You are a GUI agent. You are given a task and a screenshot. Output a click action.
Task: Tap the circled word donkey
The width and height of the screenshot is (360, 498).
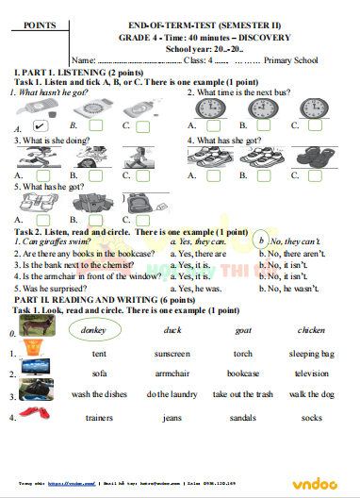(x=94, y=331)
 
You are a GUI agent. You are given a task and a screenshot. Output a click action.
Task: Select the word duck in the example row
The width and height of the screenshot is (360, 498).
(x=172, y=331)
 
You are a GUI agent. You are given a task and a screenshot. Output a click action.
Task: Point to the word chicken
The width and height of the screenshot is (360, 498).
(x=310, y=331)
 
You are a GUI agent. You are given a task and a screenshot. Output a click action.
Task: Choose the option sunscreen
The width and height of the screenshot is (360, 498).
(x=172, y=354)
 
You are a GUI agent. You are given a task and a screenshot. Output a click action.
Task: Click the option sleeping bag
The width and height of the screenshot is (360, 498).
(x=311, y=354)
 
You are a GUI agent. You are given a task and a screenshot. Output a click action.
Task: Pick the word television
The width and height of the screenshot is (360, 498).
(x=311, y=373)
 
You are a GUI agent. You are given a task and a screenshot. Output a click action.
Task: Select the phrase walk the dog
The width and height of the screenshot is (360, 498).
(x=311, y=394)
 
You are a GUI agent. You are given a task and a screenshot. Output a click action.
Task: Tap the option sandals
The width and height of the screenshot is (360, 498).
(x=242, y=417)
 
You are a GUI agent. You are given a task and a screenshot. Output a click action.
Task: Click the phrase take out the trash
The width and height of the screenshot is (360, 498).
(x=242, y=394)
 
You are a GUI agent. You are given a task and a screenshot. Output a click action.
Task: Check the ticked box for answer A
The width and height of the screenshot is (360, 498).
(x=41, y=124)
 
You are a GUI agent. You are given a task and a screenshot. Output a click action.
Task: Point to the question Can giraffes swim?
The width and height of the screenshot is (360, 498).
(x=49, y=241)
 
